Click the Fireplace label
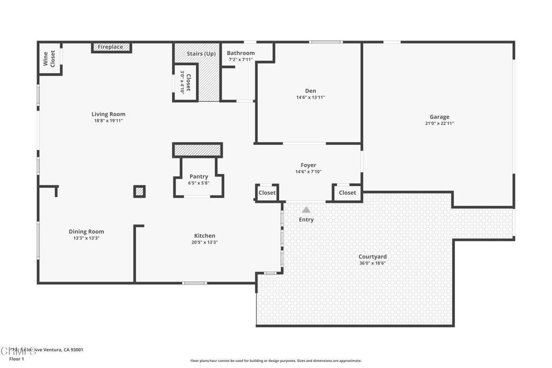(111, 47)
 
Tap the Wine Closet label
(49, 58)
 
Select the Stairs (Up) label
(201, 54)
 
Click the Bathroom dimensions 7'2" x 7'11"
(240, 60)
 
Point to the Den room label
(310, 91)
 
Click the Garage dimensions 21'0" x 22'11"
(439, 123)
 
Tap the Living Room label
(108, 114)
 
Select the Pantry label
(198, 176)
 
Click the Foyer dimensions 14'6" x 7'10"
(308, 172)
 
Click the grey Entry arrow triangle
(306, 210)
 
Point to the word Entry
(306, 219)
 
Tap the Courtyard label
(372, 256)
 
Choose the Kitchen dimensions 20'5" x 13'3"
(204, 242)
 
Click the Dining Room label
(86, 232)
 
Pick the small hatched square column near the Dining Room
(140, 191)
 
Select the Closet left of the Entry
(267, 192)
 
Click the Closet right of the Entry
(347, 192)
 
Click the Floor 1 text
(17, 359)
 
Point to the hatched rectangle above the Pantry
(197, 150)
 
